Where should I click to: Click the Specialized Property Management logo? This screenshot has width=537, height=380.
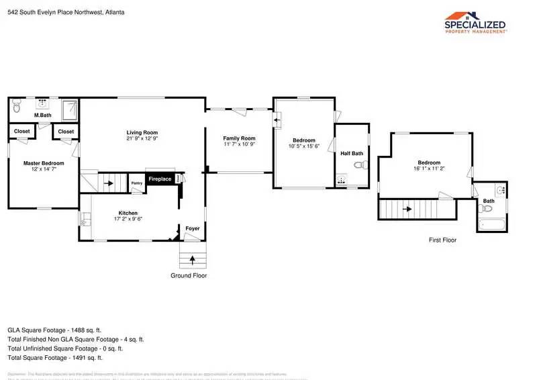tap(476, 22)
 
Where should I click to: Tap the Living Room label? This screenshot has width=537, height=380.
tap(142, 132)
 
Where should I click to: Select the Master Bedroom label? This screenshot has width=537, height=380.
tap(44, 163)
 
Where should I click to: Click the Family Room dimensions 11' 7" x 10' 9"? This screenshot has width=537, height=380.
tap(239, 144)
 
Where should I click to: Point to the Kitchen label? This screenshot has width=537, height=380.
tap(128, 211)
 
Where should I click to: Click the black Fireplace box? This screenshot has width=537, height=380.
tap(160, 179)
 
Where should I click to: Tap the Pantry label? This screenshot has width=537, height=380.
tap(136, 183)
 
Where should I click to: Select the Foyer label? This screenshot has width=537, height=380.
tap(193, 229)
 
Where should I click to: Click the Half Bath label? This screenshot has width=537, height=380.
tap(351, 154)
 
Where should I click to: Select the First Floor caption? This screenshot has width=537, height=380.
tap(443, 240)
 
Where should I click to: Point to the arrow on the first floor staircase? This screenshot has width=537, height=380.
tap(407, 209)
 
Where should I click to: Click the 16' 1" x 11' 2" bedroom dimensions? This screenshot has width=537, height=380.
tap(429, 169)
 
